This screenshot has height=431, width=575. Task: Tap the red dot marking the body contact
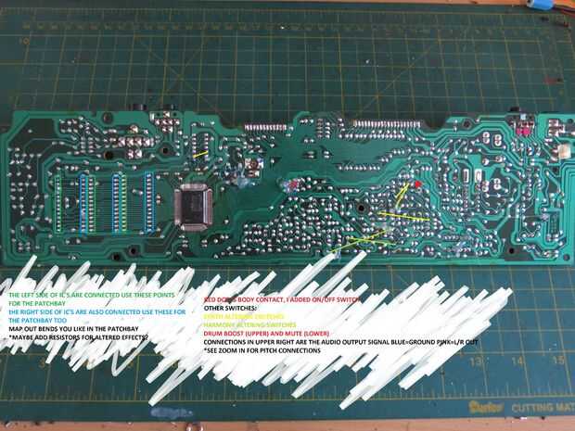pyautogui.click(x=417, y=184)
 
